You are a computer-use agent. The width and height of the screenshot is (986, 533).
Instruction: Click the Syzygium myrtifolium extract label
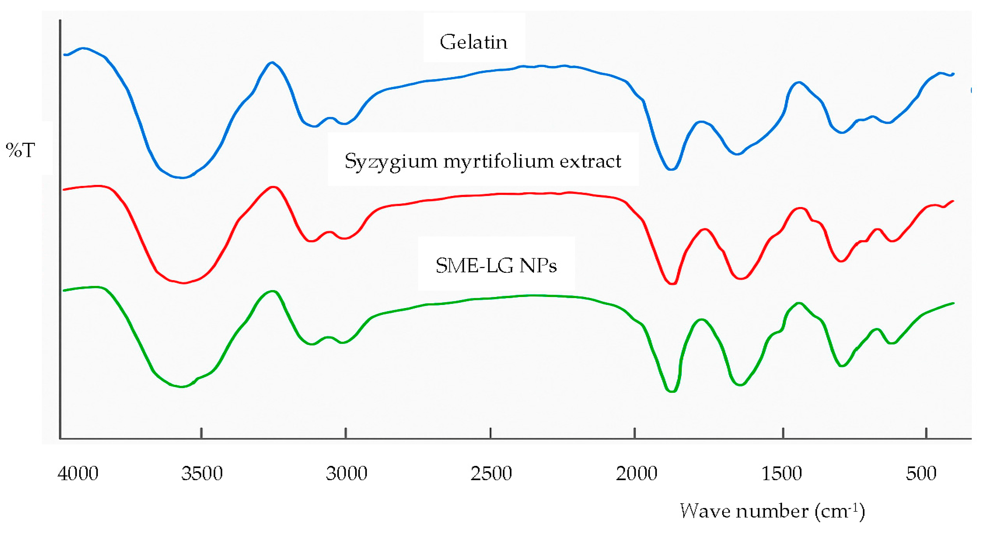[x=483, y=161]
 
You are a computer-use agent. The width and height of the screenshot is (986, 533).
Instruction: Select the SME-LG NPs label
[x=496, y=265]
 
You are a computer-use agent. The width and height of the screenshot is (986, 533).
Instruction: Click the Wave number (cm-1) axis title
[x=772, y=511]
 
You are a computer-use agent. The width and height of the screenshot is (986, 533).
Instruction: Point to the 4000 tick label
[x=78, y=473]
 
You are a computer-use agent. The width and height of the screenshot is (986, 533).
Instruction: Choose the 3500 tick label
[x=202, y=473]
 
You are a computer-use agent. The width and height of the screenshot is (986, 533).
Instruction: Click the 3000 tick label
[x=346, y=473]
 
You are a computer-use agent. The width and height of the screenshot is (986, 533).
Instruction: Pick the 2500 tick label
[x=491, y=473]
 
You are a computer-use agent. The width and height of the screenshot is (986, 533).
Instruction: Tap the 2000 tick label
[x=636, y=473]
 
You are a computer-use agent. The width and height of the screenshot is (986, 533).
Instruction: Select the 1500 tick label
[x=782, y=473]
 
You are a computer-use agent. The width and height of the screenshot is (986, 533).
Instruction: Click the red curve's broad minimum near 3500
[x=184, y=283]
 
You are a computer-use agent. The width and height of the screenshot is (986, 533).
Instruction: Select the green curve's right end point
[x=953, y=303]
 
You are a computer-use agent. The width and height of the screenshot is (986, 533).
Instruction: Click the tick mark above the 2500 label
[x=490, y=433]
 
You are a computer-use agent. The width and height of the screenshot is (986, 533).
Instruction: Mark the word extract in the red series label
[x=590, y=161]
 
